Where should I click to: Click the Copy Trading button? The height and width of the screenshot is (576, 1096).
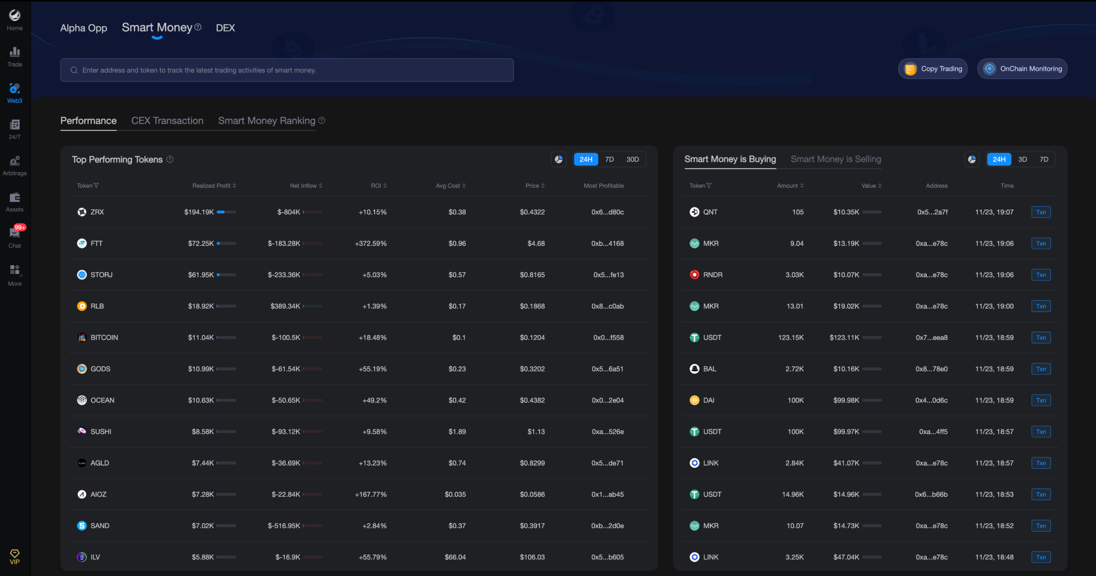click(x=933, y=69)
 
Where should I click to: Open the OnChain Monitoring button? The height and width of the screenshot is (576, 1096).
click(x=1022, y=69)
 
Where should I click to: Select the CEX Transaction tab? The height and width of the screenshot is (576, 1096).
click(x=167, y=121)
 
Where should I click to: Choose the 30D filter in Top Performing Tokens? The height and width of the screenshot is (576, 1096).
click(x=632, y=159)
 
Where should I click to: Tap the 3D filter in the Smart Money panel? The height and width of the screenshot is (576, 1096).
click(x=1022, y=159)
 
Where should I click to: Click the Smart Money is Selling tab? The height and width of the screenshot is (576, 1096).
click(x=836, y=159)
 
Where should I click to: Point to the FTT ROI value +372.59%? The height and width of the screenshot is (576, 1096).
click(x=370, y=243)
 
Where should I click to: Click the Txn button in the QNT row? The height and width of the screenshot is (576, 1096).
click(x=1041, y=212)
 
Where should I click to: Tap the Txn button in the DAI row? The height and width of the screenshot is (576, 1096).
click(x=1041, y=400)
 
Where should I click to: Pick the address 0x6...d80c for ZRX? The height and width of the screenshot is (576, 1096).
click(x=607, y=212)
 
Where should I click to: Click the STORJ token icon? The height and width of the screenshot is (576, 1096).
click(x=82, y=275)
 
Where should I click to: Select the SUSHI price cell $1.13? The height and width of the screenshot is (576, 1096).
click(x=536, y=432)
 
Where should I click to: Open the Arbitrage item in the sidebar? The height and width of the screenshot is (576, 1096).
click(x=14, y=165)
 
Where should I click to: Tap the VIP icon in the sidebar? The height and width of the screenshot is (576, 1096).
click(x=14, y=556)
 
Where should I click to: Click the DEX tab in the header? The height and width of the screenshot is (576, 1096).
click(x=225, y=28)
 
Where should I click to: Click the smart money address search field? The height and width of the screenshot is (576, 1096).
click(x=287, y=70)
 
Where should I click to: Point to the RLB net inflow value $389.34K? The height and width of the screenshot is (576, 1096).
click(x=285, y=306)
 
